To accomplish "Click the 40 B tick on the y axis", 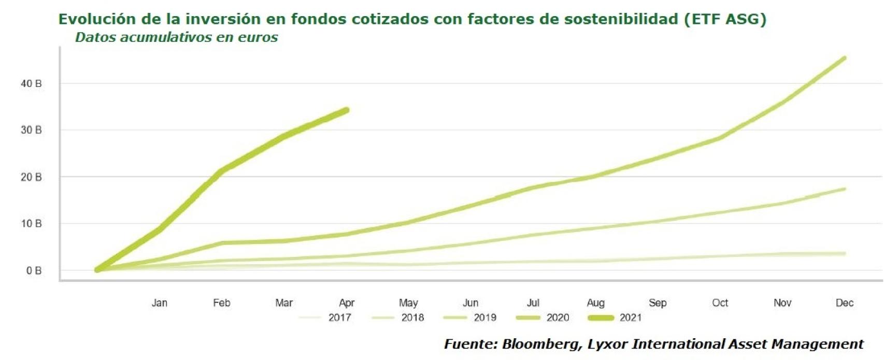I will pos(31,83).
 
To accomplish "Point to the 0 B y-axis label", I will pos(34,270).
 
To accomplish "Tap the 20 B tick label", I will pos(31,177).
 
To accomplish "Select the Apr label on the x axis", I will pos(347,303).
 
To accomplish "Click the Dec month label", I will pos(844,303).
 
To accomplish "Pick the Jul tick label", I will pos(533,303).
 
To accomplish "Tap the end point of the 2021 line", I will pos(346,110).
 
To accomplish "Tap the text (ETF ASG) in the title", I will pos(724,19).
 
